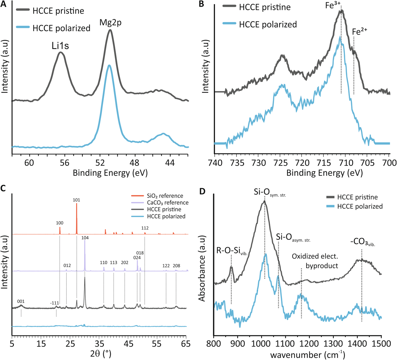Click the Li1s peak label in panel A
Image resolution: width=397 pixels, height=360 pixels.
[x=60, y=46]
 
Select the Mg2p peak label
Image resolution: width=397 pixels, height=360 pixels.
[x=110, y=23]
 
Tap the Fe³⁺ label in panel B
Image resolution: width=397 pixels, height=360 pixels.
[x=333, y=5]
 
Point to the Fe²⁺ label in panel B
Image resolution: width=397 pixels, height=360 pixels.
[x=359, y=31]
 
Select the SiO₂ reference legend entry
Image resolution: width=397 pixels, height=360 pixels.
[x=165, y=196]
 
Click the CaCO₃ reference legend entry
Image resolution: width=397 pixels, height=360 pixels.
[x=168, y=202]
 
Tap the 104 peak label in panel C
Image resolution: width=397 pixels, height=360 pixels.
[x=85, y=238]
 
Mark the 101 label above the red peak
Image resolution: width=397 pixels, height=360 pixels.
[x=76, y=200]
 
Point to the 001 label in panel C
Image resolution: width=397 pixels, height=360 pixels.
[x=21, y=301]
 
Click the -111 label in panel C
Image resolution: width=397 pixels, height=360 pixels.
[x=55, y=303]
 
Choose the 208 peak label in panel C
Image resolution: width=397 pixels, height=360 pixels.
[x=176, y=266]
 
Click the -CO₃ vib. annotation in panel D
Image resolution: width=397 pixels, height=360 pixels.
[x=362, y=243]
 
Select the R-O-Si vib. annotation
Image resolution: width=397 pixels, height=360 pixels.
[x=232, y=251]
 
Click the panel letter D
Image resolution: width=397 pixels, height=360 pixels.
[x=202, y=191]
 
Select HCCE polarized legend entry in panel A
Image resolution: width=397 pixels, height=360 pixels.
[x=61, y=28]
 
